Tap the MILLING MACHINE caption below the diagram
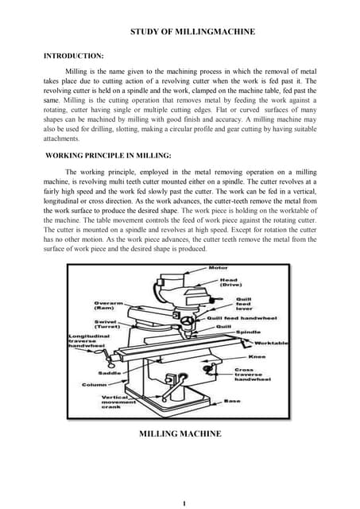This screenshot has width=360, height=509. [x=180, y=433]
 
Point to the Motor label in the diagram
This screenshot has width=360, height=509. [x=218, y=268]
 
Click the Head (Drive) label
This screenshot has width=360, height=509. [x=229, y=283]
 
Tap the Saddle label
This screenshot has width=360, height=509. [x=110, y=372]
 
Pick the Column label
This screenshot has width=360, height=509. [x=95, y=385]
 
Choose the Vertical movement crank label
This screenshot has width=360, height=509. [x=118, y=402]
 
